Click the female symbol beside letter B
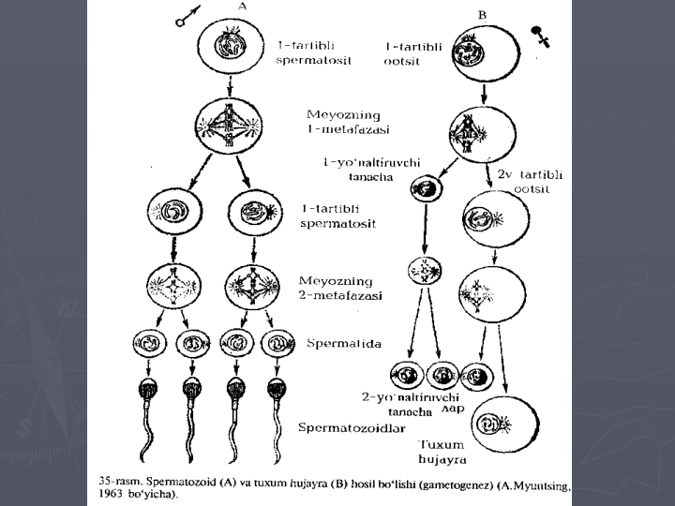pyautogui.click(x=540, y=37)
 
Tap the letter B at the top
pyautogui.click(x=482, y=15)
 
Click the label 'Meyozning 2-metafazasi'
pyautogui.click(x=336, y=287)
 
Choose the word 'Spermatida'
pyautogui.click(x=343, y=344)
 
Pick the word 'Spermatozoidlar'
pyautogui.click(x=349, y=428)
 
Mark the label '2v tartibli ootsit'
pyautogui.click(x=528, y=181)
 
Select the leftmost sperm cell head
pyautogui.click(x=149, y=388)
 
